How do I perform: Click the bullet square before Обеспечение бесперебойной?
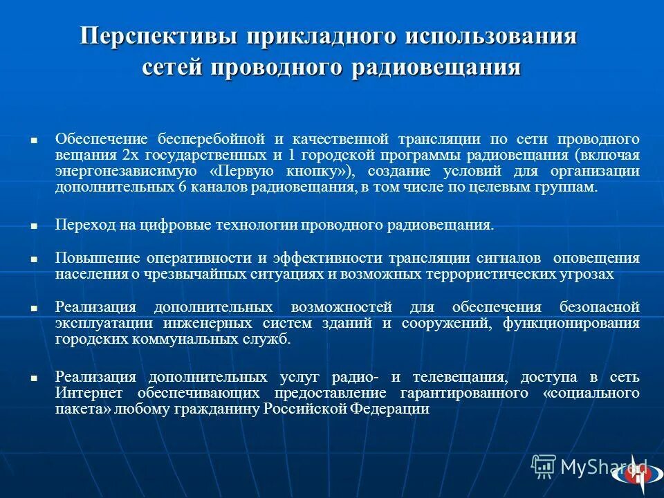[33, 139]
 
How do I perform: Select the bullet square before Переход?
[33, 226]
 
